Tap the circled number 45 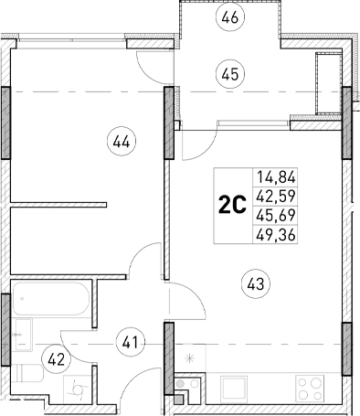pos(230,74)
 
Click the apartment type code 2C pos(232,204)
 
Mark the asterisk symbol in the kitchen pos(190,358)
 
